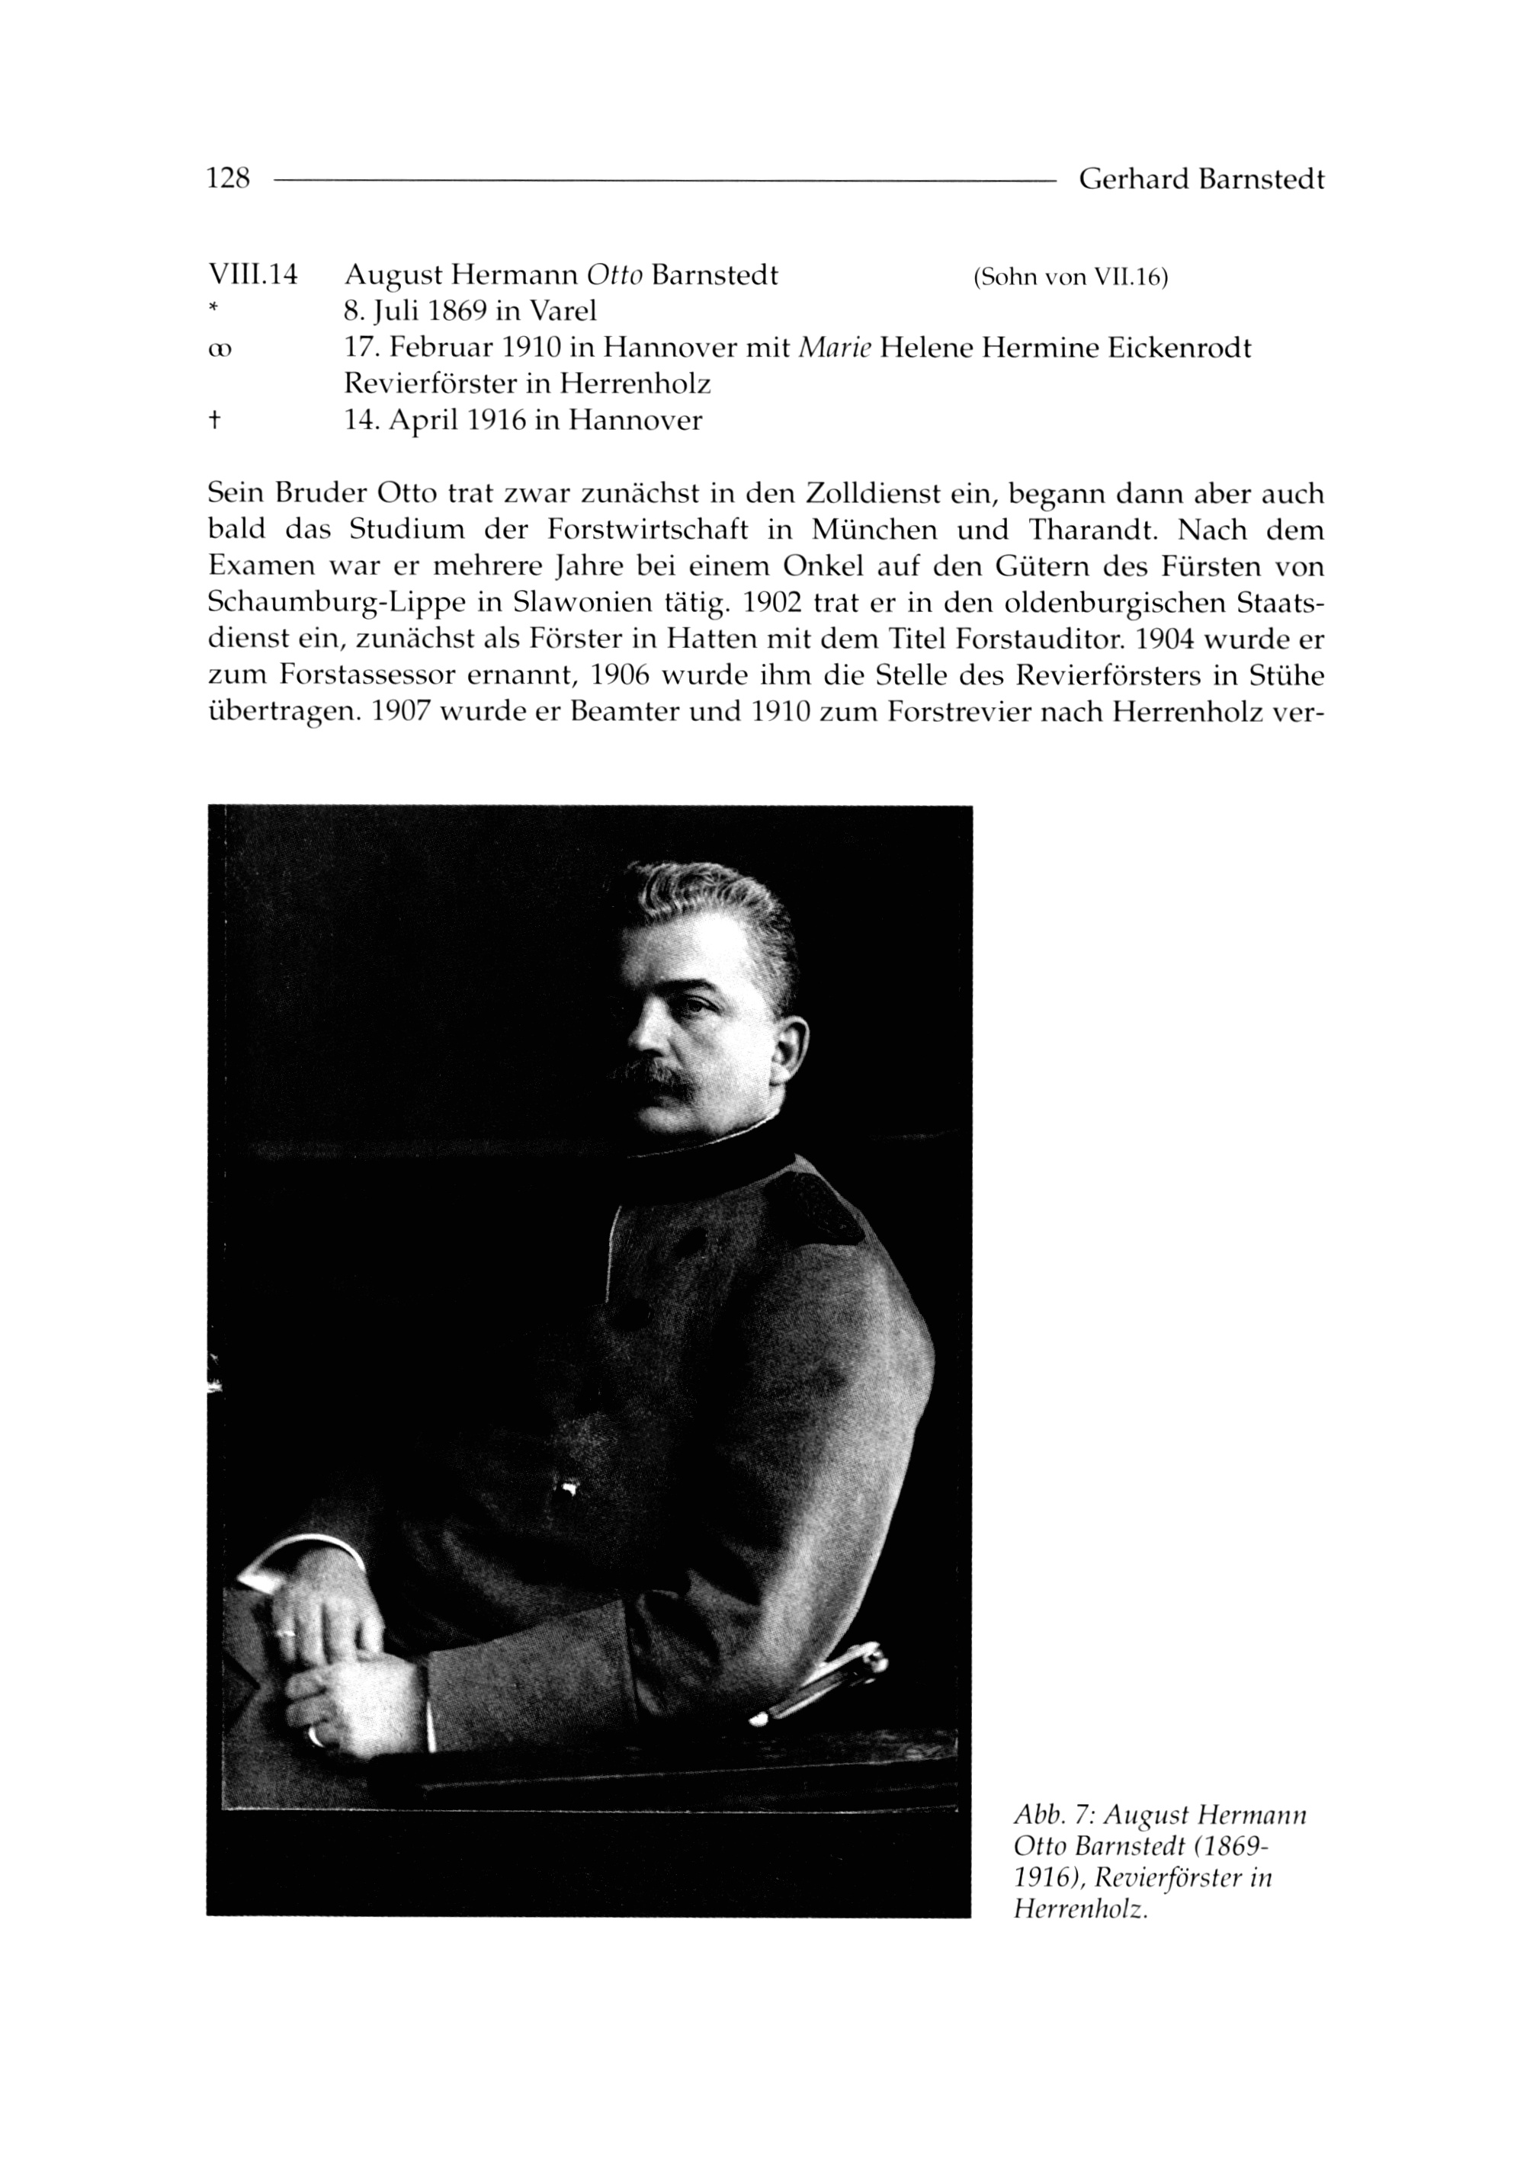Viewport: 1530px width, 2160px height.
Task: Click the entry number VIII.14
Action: tap(252, 275)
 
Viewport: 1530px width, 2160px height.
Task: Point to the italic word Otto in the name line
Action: tap(614, 275)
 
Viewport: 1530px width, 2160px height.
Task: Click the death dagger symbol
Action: tap(214, 420)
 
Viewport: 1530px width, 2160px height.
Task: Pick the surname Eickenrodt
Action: tap(1166, 348)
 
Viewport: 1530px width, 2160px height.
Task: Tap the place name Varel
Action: tap(563, 311)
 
